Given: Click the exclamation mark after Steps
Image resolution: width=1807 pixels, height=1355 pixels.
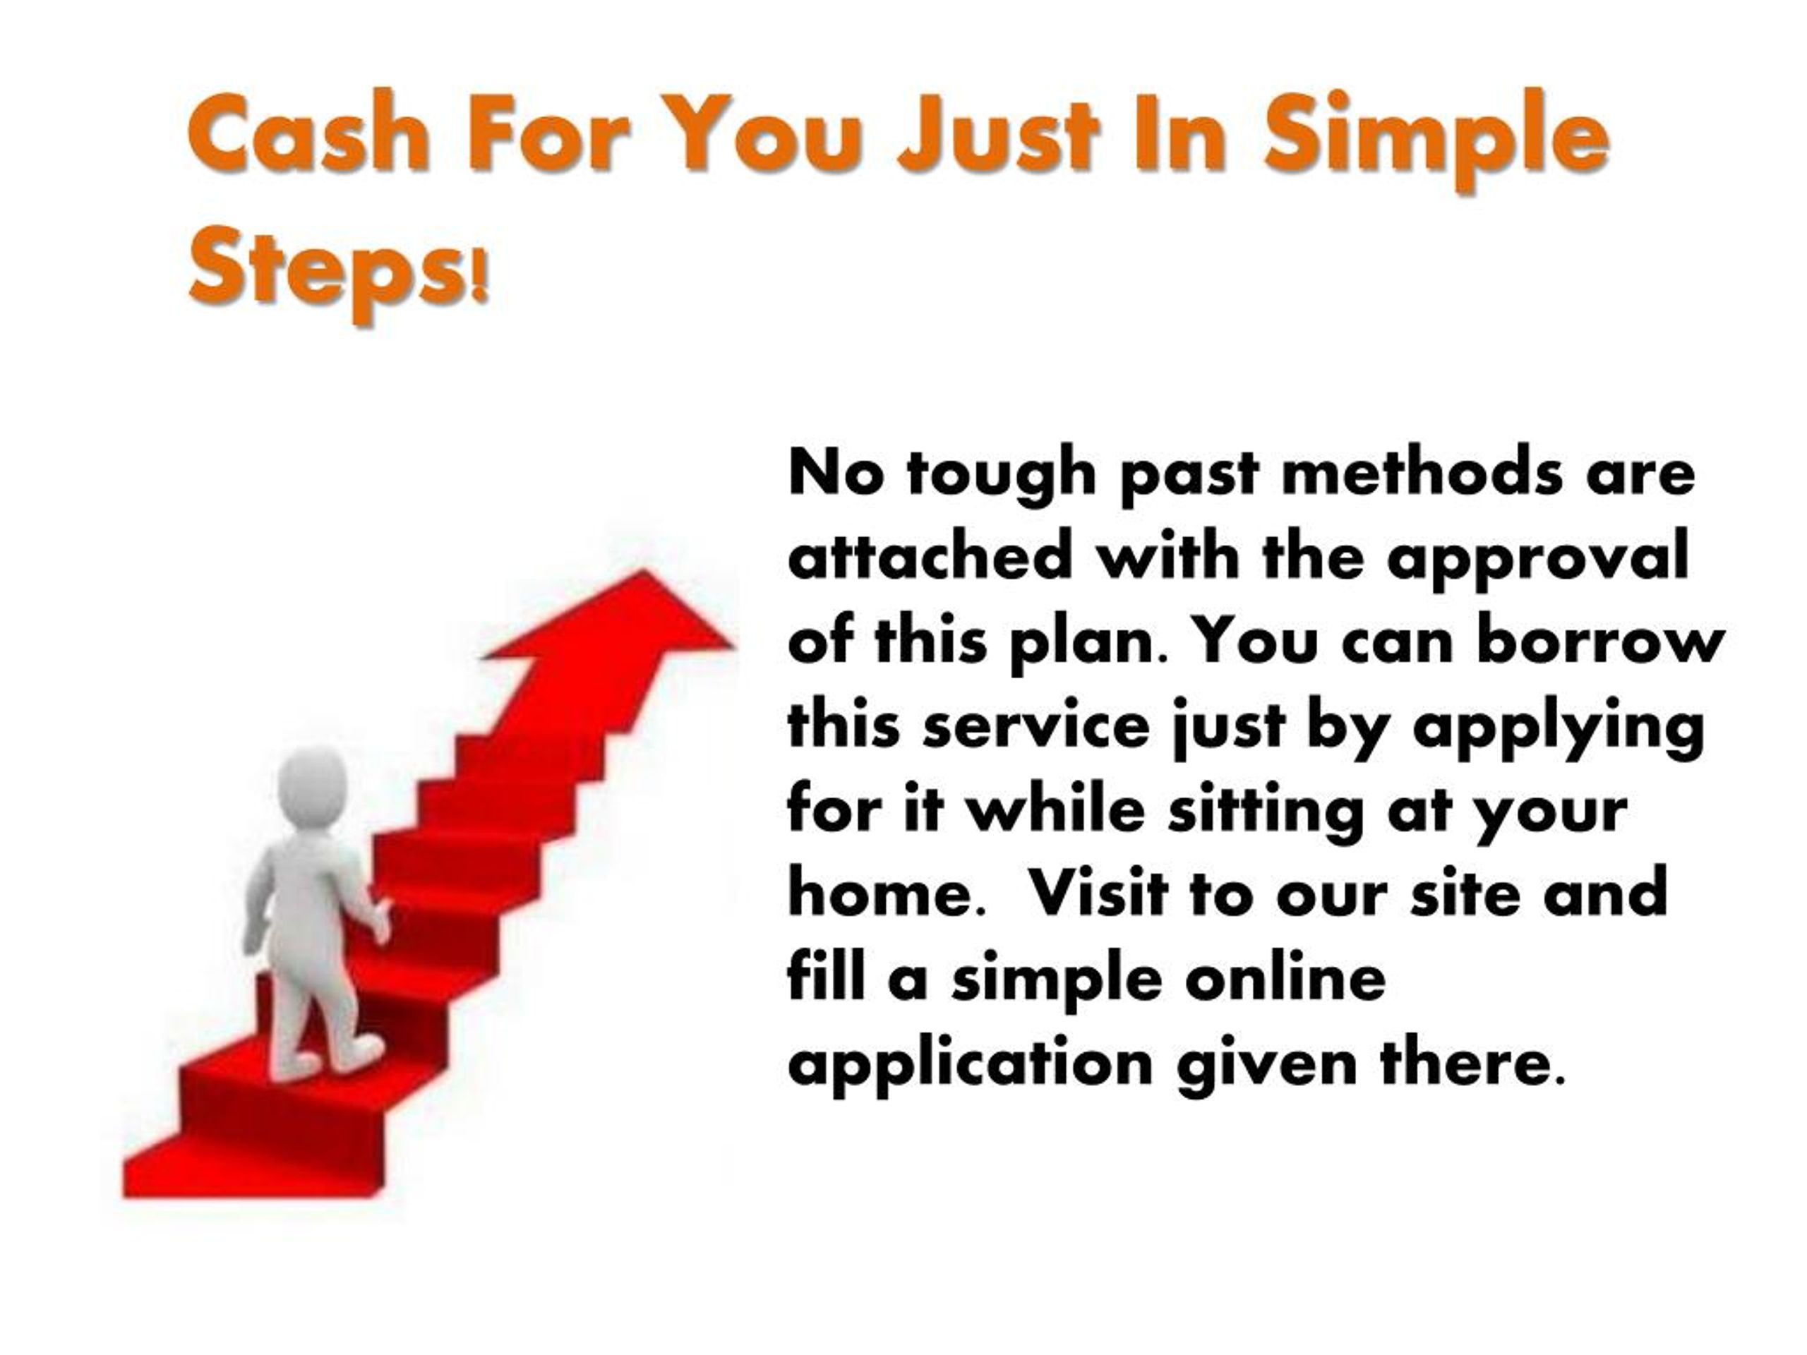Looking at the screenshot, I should (481, 277).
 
